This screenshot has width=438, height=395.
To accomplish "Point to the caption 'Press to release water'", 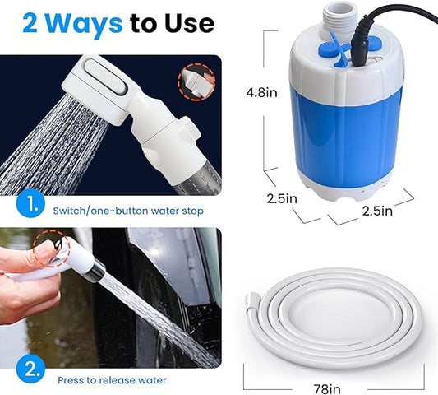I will (112, 379).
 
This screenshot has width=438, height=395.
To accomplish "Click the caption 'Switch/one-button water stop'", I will (129, 211).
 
